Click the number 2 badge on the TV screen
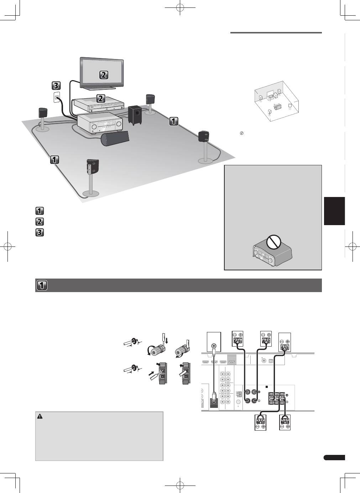(x=103, y=75)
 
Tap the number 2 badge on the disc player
(x=101, y=98)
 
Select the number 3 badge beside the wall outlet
(x=56, y=85)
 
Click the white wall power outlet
(x=56, y=97)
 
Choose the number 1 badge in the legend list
(x=40, y=211)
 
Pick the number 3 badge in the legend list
(x=40, y=232)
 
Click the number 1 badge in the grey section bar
(x=42, y=285)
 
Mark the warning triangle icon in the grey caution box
(x=40, y=416)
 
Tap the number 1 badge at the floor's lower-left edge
(x=54, y=159)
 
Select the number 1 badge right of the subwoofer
(x=173, y=121)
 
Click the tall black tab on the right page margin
(x=334, y=211)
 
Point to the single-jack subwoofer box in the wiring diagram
(x=214, y=342)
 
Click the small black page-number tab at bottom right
(x=334, y=458)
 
